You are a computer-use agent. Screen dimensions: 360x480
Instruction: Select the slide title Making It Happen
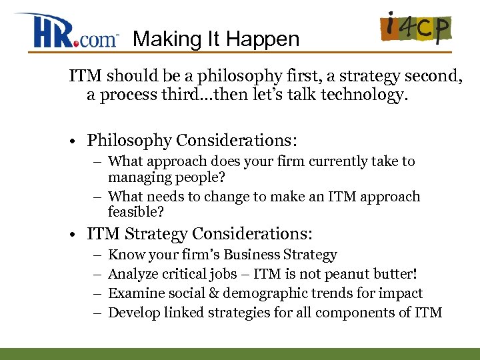pyautogui.click(x=216, y=39)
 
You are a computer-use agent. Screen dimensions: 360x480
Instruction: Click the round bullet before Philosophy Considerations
pyautogui.click(x=77, y=141)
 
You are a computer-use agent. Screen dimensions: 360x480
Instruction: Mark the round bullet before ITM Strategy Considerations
pyautogui.click(x=77, y=234)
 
